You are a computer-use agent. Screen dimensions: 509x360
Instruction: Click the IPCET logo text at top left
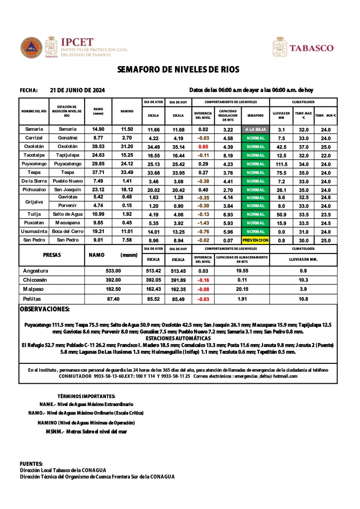pyautogui.click(x=76, y=43)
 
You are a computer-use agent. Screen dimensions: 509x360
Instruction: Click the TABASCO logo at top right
pyautogui.click(x=312, y=48)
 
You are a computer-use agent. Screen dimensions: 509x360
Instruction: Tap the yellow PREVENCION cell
pyautogui.click(x=256, y=240)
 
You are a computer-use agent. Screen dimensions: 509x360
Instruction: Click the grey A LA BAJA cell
pyautogui.click(x=256, y=129)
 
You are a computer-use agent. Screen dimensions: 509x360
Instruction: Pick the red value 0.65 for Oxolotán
pyautogui.click(x=203, y=147)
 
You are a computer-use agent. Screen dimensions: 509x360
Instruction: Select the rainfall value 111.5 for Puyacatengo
pyautogui.click(x=281, y=164)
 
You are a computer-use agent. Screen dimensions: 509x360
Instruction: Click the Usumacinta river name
pyautogui.click(x=34, y=231)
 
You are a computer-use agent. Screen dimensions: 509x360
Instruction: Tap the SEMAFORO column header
pyautogui.click(x=255, y=115)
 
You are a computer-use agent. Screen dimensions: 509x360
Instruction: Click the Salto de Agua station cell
pyautogui.click(x=67, y=214)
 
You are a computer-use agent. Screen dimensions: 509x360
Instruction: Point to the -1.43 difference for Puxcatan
pyautogui.click(x=203, y=223)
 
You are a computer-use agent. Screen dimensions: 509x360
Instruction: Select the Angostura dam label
pyautogui.click(x=36, y=271)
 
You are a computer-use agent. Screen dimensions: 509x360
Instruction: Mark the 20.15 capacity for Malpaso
pyautogui.click(x=242, y=289)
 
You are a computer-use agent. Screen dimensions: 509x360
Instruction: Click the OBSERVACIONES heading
pyautogui.click(x=45, y=309)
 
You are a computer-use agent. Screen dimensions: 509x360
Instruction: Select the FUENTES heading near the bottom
pyautogui.click(x=31, y=464)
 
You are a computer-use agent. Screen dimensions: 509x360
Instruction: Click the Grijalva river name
pyautogui.click(x=34, y=201)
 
